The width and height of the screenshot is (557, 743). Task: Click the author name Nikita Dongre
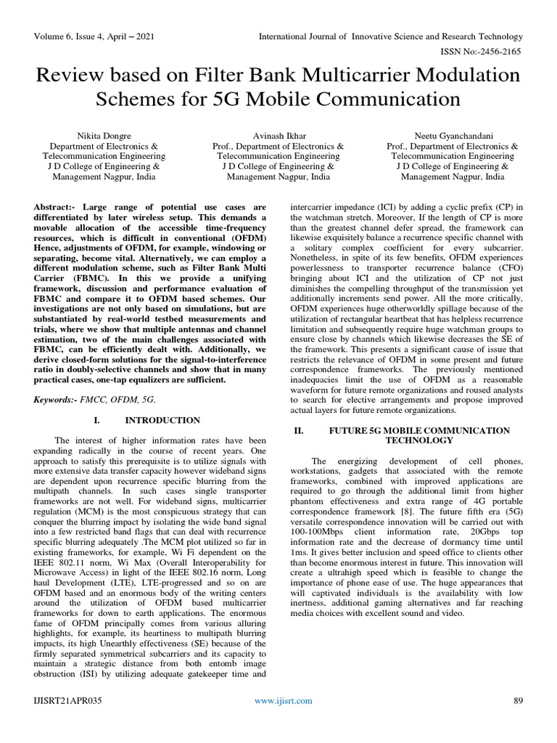coord(104,136)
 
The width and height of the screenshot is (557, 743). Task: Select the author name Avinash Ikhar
coord(278,136)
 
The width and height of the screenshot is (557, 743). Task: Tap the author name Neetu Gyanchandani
coord(453,136)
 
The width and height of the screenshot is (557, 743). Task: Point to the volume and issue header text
coord(91,36)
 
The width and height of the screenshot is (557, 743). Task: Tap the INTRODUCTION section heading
coord(162,420)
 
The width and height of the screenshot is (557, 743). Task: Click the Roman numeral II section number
coord(297,430)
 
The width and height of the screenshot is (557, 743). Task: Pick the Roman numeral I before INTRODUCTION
coord(96,420)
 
